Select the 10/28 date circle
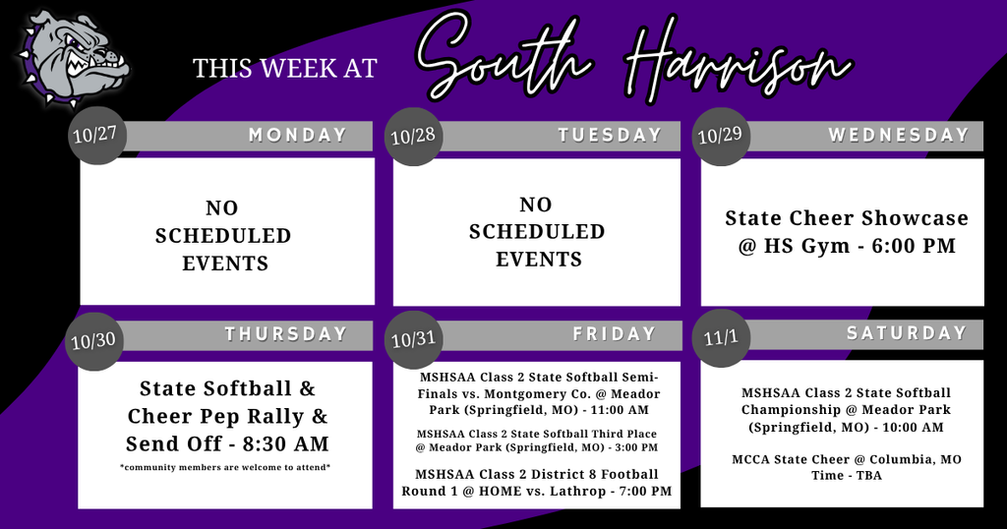tap(413, 134)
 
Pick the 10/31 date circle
tap(413, 340)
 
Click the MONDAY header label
tap(298, 136)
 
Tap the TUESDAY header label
tap(610, 136)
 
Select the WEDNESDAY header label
tap(899, 135)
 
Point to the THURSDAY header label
tap(286, 334)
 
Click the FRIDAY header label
tap(615, 334)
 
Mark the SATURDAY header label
tap(907, 333)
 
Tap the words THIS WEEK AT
tap(285, 68)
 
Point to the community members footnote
tap(225, 467)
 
